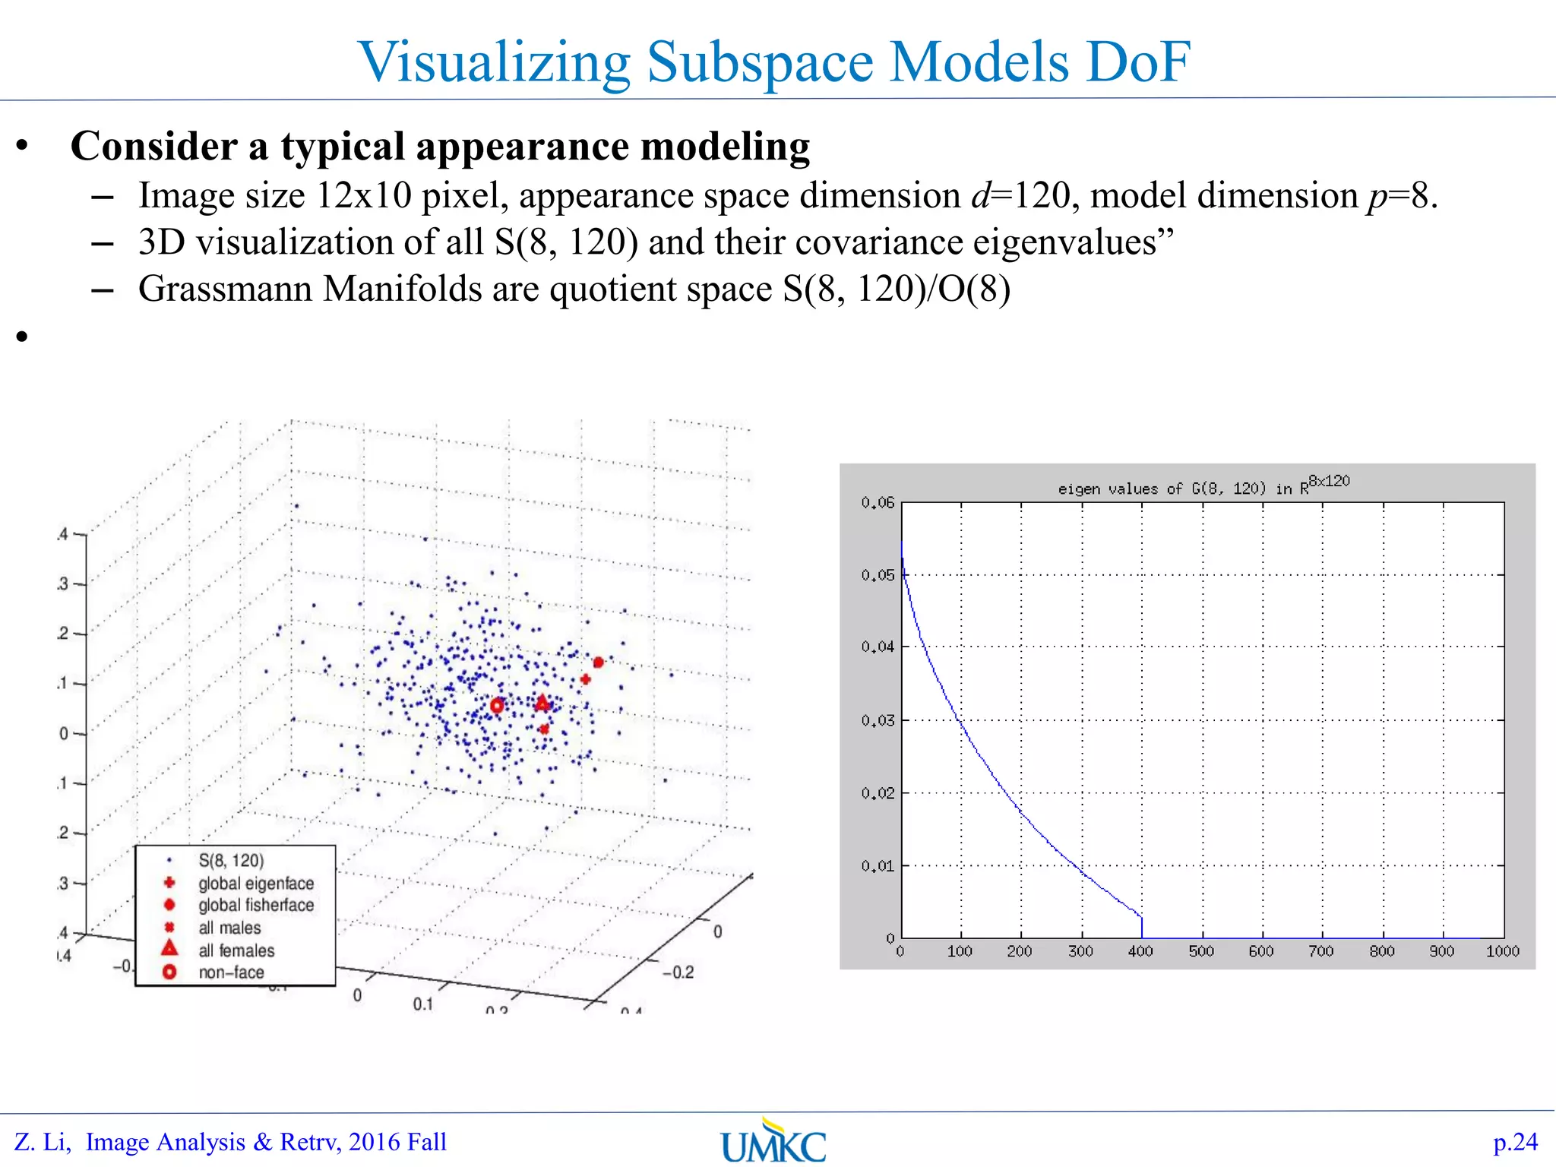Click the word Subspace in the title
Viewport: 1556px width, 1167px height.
pos(760,62)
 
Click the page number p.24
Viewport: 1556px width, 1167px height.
pos(1515,1142)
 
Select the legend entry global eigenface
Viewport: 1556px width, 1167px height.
pos(255,884)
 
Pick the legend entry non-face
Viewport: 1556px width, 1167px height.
pos(231,972)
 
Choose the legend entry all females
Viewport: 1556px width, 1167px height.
pos(236,950)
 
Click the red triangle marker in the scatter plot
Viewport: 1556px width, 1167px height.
pos(542,703)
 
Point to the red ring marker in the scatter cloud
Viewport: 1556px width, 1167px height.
pos(497,706)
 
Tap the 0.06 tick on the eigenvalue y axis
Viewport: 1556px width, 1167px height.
pos(878,503)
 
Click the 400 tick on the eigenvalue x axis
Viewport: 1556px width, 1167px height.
pos(1140,951)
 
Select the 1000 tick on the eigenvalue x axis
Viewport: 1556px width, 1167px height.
pos(1502,951)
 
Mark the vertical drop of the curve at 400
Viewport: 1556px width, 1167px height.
pos(1142,927)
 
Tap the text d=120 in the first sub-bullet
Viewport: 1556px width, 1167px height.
pos(1021,196)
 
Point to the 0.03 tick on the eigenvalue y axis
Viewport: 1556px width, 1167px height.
pos(878,720)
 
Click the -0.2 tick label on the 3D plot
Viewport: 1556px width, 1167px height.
pos(678,972)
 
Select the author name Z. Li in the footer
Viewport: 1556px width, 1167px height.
pos(43,1142)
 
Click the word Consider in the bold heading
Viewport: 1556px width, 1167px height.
pos(153,146)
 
